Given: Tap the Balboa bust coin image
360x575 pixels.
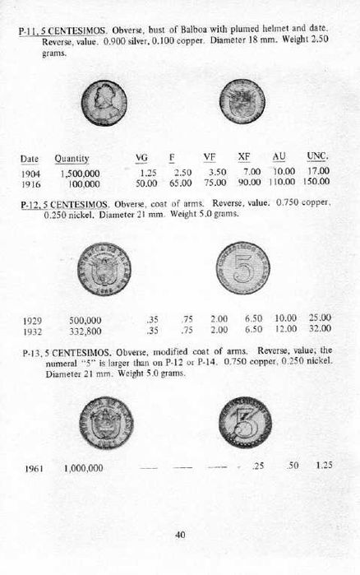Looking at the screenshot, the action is click(x=104, y=102).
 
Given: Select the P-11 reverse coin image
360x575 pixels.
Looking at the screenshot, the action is click(x=242, y=102).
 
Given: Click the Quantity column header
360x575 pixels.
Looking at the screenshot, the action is click(x=72, y=158).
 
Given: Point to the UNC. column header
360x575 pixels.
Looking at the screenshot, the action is click(x=318, y=157).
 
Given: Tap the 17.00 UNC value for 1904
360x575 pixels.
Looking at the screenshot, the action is click(x=318, y=171).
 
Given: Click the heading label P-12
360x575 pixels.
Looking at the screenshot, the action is click(x=30, y=203).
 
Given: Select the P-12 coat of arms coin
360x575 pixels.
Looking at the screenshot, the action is click(x=104, y=268).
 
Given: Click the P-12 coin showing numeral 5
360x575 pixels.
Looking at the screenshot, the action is click(x=242, y=268).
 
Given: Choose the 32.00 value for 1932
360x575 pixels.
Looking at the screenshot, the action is click(x=320, y=329).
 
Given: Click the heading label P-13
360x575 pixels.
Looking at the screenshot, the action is click(x=30, y=352).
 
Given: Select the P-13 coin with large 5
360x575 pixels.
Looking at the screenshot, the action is click(x=242, y=421).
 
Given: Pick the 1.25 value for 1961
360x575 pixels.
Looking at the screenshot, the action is click(x=323, y=466).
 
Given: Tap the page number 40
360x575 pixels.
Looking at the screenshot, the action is click(x=180, y=534).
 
